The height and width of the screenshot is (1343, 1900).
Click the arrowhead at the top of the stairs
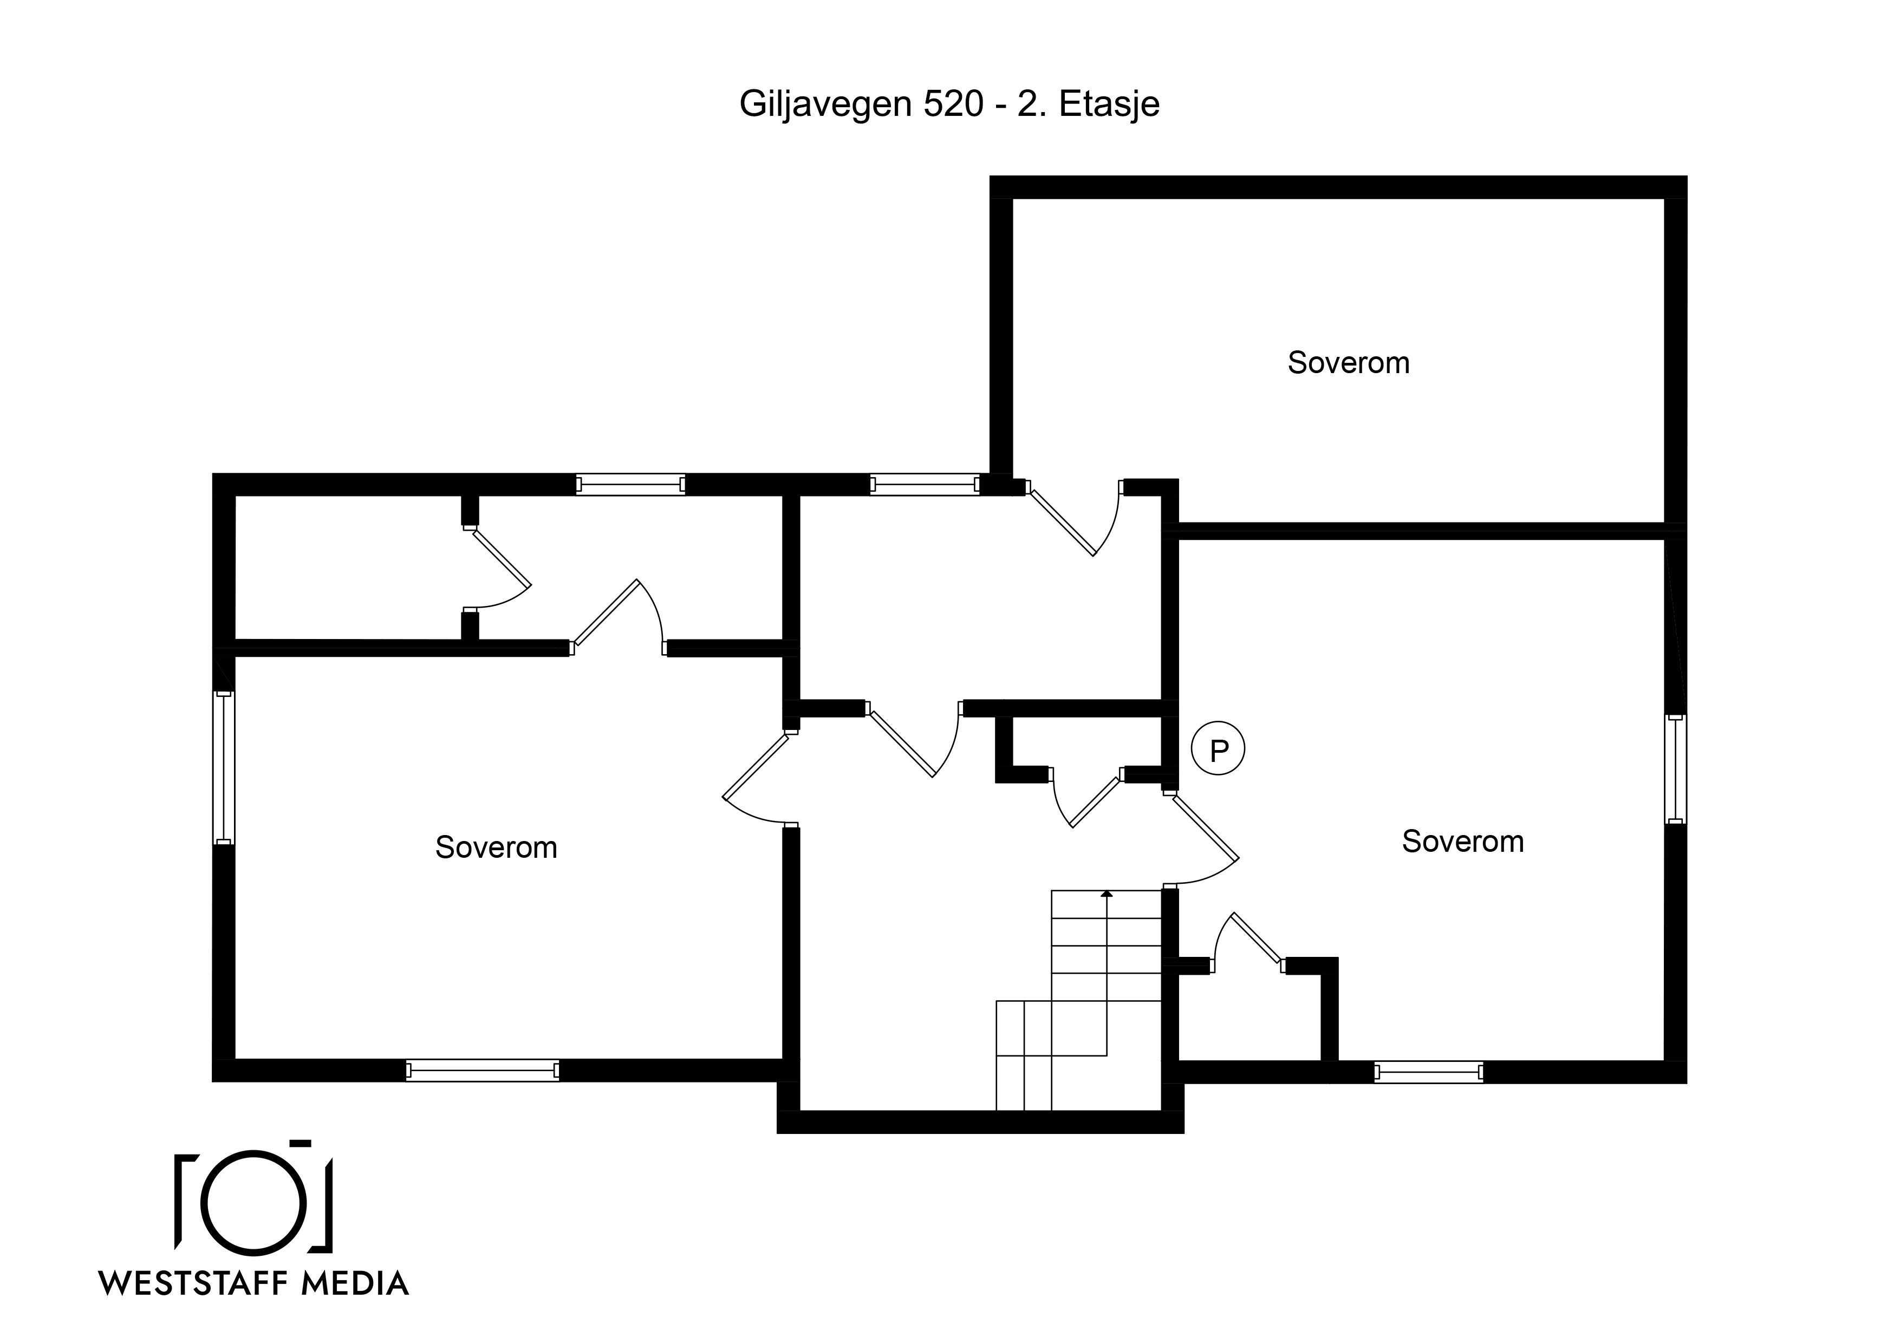point(1107,893)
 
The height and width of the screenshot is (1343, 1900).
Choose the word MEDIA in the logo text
point(355,1283)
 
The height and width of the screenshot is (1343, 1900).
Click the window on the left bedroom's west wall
point(224,768)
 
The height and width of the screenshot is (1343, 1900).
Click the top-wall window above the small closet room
point(630,484)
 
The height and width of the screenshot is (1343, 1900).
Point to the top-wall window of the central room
point(925,484)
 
